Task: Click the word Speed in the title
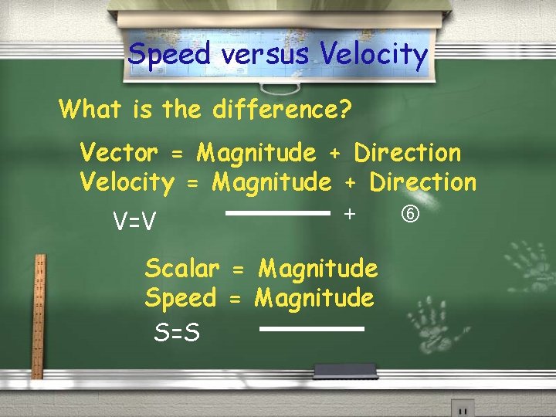(168, 54)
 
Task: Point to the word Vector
(119, 153)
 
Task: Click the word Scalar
(181, 269)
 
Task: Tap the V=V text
(135, 222)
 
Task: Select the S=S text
(177, 334)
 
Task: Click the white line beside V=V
(277, 213)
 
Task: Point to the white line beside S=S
(311, 329)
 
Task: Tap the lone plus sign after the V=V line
(350, 212)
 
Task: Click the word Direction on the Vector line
(407, 153)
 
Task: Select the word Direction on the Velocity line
(423, 182)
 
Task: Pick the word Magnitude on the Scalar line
(317, 269)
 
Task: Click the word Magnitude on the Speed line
(314, 297)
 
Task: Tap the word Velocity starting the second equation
(127, 183)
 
